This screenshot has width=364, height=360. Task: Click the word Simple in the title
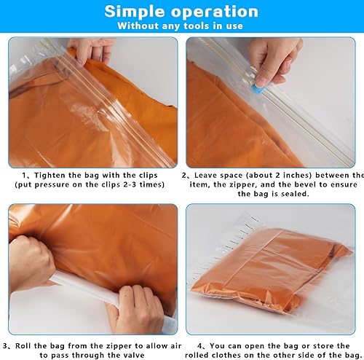135,12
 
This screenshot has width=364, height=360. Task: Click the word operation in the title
215,12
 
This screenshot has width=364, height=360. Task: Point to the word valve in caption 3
133,355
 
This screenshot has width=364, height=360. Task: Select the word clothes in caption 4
226,355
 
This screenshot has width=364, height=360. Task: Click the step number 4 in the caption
199,345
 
